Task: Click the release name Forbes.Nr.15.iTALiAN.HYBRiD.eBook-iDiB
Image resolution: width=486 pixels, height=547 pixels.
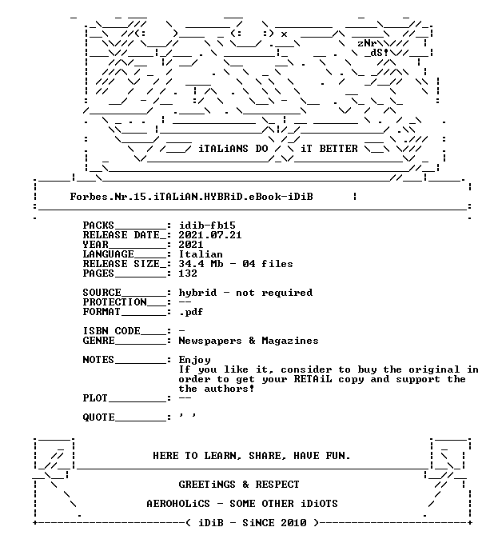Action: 191,197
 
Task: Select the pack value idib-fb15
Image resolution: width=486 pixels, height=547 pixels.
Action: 207,226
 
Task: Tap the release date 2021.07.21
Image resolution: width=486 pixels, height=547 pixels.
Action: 210,235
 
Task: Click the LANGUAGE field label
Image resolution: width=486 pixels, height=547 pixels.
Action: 109,254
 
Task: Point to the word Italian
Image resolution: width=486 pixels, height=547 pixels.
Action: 201,254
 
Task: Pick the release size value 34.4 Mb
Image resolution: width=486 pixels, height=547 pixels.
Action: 201,264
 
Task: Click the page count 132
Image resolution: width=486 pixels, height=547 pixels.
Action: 188,273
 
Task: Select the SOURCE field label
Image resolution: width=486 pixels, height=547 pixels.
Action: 102,293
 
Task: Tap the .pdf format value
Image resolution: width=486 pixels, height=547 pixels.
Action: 191,312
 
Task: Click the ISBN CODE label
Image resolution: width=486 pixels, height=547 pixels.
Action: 112,331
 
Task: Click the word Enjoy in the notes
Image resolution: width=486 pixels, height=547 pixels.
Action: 194,360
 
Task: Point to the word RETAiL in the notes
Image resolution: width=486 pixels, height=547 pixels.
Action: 313,379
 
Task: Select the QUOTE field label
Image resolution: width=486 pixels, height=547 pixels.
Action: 98,417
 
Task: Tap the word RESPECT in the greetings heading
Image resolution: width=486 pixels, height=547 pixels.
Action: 277,485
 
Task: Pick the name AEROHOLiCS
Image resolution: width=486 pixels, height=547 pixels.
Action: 178,504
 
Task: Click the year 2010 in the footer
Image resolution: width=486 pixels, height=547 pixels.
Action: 293,523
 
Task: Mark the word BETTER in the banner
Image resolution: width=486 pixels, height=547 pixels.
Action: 339,149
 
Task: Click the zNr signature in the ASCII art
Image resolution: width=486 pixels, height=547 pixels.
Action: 367,43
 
